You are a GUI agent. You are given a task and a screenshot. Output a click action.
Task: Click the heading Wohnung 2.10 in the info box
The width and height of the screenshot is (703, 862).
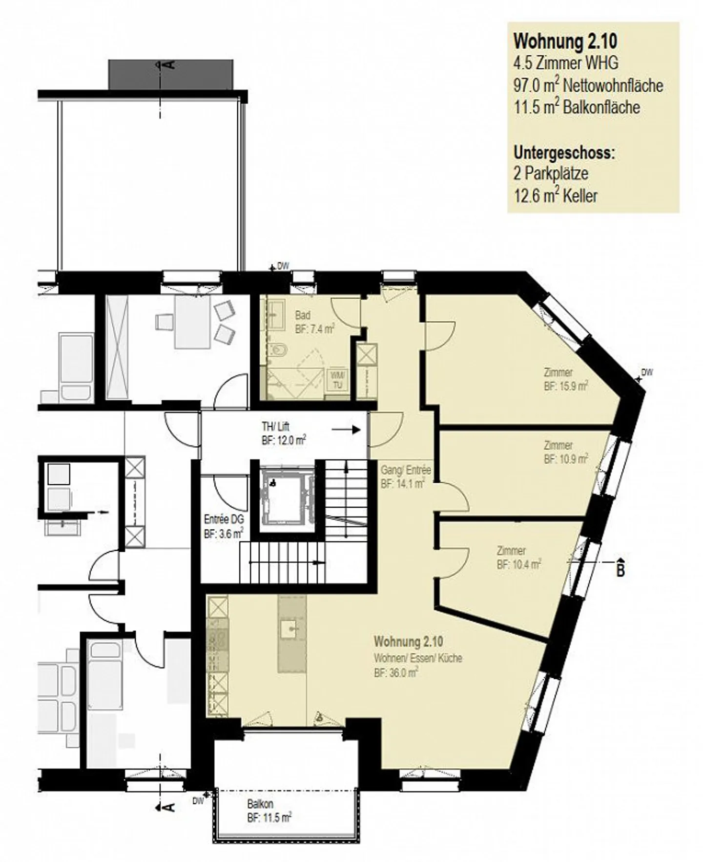[565, 42]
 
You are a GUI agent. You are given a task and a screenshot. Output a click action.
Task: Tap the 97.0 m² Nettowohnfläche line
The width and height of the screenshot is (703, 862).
[588, 86]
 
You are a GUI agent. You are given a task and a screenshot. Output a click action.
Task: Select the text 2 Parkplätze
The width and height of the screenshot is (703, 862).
[550, 173]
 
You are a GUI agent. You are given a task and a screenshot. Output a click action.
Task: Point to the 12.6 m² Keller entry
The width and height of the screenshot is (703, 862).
[555, 196]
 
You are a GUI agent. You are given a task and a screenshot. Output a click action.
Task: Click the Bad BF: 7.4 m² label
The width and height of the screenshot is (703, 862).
[314, 323]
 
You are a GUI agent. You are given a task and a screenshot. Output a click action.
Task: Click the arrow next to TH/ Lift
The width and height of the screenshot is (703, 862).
[346, 430]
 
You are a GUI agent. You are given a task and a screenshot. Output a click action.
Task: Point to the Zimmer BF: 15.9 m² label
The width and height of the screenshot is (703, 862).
[565, 379]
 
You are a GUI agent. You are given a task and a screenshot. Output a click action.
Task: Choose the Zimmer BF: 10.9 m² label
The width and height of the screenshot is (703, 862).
[565, 453]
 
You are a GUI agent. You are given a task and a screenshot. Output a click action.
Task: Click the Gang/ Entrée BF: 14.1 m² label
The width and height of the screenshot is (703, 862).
[406, 477]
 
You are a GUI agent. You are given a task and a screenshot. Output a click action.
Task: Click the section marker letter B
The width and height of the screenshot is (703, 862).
[620, 569]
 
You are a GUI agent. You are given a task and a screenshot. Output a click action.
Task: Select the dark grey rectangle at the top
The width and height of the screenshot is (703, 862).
[170, 74]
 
